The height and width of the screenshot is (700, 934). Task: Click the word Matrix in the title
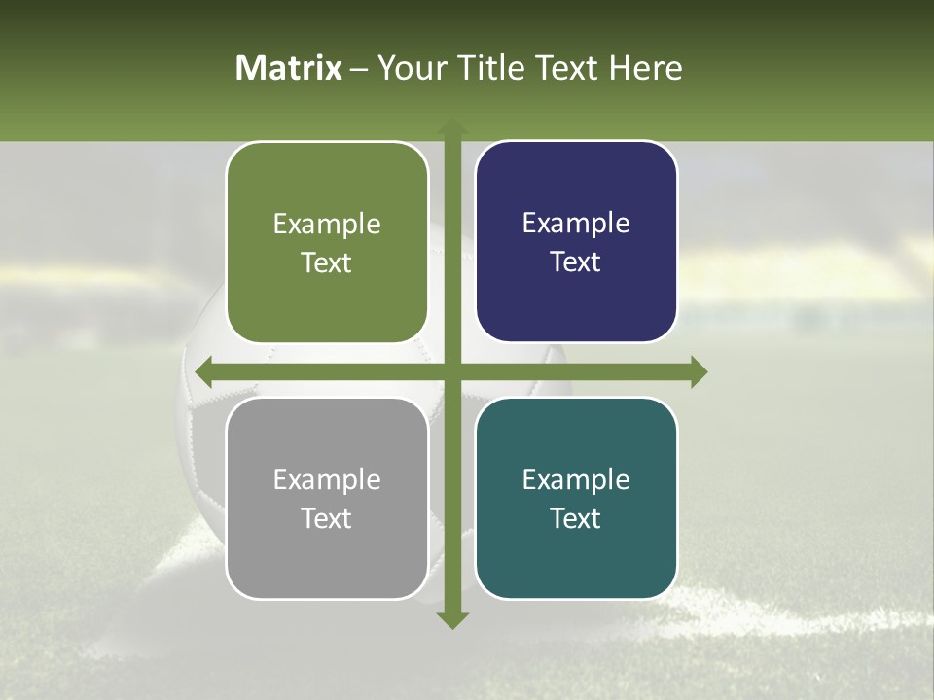[289, 68]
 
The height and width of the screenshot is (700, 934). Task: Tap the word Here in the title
[645, 68]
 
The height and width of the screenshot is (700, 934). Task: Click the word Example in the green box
[327, 225]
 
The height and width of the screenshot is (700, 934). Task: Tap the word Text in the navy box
[576, 262]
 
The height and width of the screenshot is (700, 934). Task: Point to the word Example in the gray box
[327, 479]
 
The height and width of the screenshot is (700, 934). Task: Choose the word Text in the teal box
[576, 518]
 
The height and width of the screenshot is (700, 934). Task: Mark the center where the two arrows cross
[451, 371]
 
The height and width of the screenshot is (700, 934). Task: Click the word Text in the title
[564, 68]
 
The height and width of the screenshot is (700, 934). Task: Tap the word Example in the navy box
[576, 224]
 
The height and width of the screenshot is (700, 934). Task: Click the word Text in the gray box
[327, 518]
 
